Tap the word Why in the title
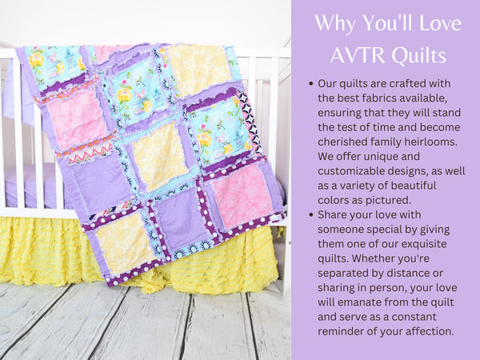click(x=334, y=23)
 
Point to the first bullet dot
click(x=311, y=83)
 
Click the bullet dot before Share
click(x=311, y=215)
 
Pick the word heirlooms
click(x=430, y=142)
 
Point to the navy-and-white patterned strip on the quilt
click(x=250, y=122)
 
